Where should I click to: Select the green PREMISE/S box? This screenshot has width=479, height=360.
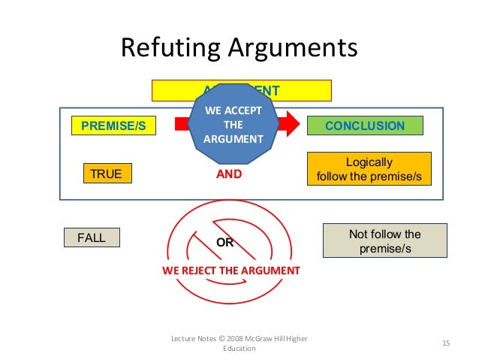coord(113,126)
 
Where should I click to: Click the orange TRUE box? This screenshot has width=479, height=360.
coord(106,174)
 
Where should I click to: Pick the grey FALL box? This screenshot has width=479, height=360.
coord(92,238)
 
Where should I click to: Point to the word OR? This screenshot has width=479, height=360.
coord(225,243)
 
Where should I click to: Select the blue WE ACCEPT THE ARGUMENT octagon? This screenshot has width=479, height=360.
coord(233,126)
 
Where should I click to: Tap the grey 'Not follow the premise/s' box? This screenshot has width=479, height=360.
coord(384,241)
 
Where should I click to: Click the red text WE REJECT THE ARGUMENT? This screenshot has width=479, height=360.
coord(231,270)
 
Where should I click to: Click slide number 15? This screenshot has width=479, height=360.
coord(446,343)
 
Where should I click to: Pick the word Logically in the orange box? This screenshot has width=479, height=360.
coord(369,162)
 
